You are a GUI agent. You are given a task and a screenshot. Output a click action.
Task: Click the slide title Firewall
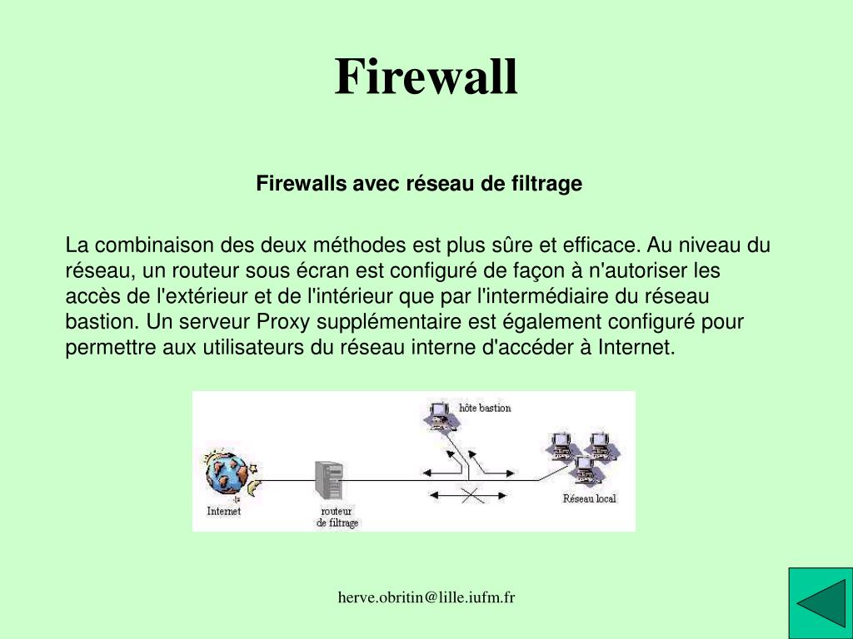pyautogui.click(x=426, y=77)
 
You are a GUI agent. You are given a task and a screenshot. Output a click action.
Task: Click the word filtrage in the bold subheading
pyautogui.click(x=549, y=184)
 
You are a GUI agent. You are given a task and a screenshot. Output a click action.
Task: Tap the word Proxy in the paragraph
pyautogui.click(x=281, y=322)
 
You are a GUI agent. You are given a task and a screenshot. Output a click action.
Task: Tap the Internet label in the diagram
pyautogui.click(x=223, y=512)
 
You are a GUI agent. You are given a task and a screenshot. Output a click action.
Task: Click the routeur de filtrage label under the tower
pyautogui.click(x=337, y=517)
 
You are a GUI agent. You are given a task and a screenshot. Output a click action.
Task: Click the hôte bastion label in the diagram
pyautogui.click(x=485, y=408)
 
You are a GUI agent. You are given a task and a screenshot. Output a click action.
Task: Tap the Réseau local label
pyautogui.click(x=589, y=499)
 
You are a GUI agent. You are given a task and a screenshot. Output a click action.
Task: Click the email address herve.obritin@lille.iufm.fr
pyautogui.click(x=426, y=597)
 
